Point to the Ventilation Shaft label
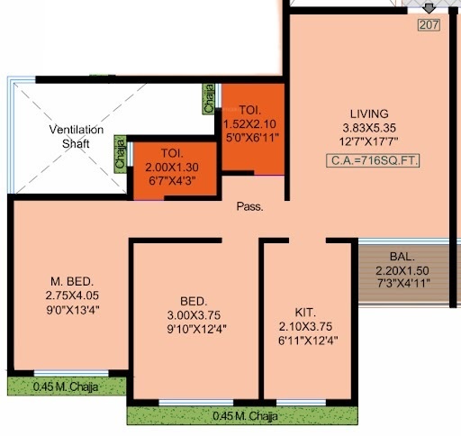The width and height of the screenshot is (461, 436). click(76, 137)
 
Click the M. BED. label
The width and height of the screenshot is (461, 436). click(71, 279)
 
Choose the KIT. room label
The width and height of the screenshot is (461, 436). click(305, 311)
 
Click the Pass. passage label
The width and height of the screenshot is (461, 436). click(249, 206)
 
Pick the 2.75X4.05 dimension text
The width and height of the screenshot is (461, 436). click(71, 295)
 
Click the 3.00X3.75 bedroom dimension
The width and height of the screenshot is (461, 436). click(194, 315)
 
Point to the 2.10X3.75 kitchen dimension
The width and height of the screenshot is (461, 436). click(305, 326)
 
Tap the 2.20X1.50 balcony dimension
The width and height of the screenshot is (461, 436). click(402, 269)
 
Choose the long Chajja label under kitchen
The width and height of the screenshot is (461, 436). click(245, 416)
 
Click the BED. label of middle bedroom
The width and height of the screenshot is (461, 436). click(194, 301)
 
